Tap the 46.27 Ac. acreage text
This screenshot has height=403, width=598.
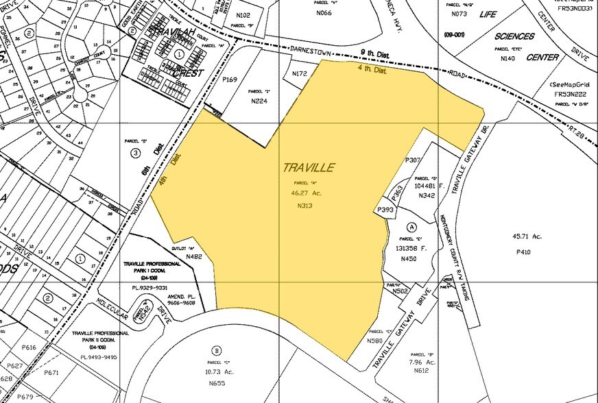(x=306, y=193)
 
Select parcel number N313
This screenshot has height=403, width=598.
(x=306, y=206)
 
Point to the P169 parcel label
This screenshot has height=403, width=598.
(x=230, y=80)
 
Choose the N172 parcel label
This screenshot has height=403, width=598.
(x=299, y=73)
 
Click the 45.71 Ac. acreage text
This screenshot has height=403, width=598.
(x=527, y=236)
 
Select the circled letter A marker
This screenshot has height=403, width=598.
(x=411, y=228)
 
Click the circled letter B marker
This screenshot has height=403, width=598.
(x=217, y=347)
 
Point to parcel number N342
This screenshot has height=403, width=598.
(x=427, y=196)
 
